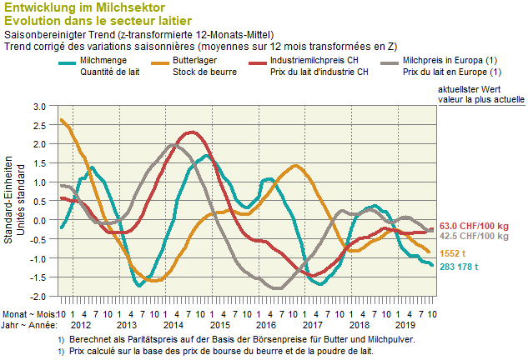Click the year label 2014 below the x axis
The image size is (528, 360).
click(173, 324)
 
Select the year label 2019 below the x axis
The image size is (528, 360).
click(405, 324)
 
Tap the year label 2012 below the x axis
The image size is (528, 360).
click(81, 324)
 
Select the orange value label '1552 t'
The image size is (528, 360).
click(453, 252)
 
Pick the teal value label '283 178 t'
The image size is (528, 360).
click(462, 267)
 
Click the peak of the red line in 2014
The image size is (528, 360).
click(193, 132)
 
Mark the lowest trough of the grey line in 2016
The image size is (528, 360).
click(274, 288)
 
